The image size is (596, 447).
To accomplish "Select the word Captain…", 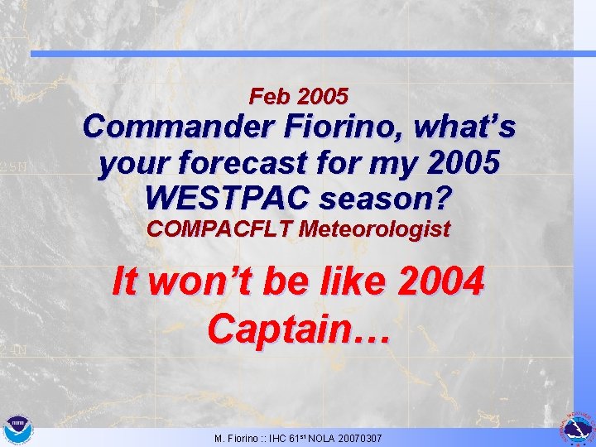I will pos(298,328).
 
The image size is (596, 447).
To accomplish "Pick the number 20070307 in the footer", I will pos(357,437).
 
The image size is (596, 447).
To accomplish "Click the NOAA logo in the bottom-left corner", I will pos(16,430).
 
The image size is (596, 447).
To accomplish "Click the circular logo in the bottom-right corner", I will pos(577,428).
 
